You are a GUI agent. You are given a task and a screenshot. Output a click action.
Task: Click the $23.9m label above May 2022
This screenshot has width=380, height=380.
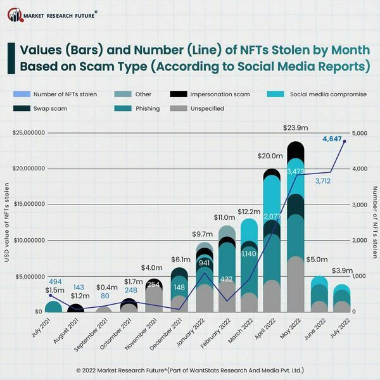(295, 128)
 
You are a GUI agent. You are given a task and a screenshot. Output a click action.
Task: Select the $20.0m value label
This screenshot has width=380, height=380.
(270, 156)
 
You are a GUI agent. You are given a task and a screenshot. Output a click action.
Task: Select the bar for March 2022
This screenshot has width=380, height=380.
(250, 266)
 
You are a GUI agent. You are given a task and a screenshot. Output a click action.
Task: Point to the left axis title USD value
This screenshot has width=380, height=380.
(8, 222)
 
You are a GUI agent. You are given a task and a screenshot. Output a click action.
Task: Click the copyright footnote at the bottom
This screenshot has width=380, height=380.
(190, 369)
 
